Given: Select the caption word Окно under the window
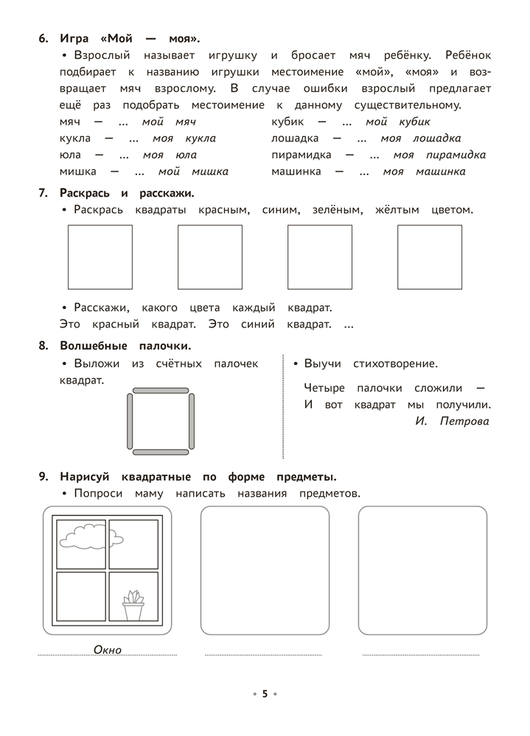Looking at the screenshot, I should [108, 649].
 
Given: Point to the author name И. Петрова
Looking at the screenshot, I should [452, 422].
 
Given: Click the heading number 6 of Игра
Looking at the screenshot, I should [43, 39].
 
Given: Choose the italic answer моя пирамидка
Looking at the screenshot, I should [439, 155].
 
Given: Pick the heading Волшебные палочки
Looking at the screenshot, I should [125, 345].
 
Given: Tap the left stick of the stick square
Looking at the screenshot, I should [130, 420].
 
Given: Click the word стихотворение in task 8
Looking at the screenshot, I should [395, 364].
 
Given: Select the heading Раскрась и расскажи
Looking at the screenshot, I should [128, 193].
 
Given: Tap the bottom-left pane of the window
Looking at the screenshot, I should [80, 596].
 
